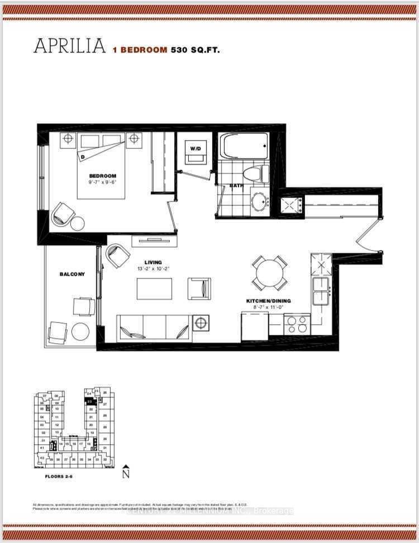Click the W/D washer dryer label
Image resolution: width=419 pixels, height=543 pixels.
195,149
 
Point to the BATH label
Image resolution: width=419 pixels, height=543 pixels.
236,186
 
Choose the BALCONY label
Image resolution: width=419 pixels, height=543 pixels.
73,274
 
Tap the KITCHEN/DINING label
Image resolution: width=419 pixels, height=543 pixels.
269,301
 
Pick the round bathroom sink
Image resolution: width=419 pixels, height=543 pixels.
259,201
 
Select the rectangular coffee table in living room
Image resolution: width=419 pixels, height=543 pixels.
155,289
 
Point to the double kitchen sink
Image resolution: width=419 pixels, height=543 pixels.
322,291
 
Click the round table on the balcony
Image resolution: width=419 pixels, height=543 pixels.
80,331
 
